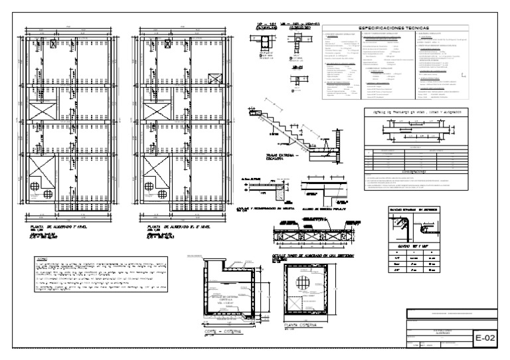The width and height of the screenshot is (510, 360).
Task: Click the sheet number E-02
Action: point(486,338)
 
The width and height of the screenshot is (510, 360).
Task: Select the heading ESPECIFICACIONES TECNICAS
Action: point(395,29)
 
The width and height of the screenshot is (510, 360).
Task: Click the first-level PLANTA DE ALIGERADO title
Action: point(53,226)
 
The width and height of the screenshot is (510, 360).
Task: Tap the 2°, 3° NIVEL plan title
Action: point(168,226)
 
